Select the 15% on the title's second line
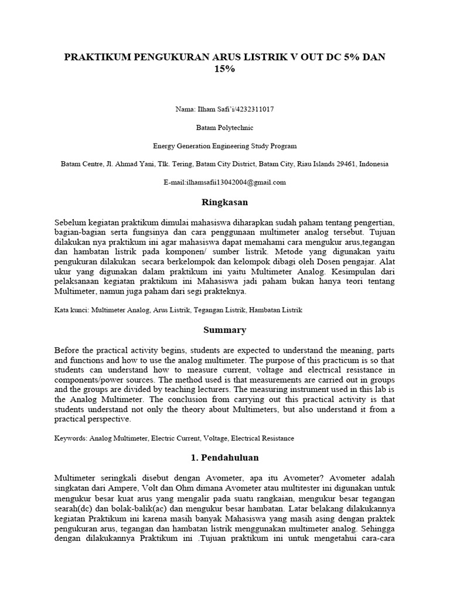(x=225, y=69)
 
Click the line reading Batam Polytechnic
(x=225, y=127)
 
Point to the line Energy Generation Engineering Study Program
(x=225, y=146)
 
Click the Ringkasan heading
(x=225, y=202)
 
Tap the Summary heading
(x=225, y=330)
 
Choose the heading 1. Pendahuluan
(x=225, y=457)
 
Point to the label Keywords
(x=70, y=438)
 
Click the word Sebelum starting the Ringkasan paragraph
(x=70, y=223)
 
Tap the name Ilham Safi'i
(x=213, y=109)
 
